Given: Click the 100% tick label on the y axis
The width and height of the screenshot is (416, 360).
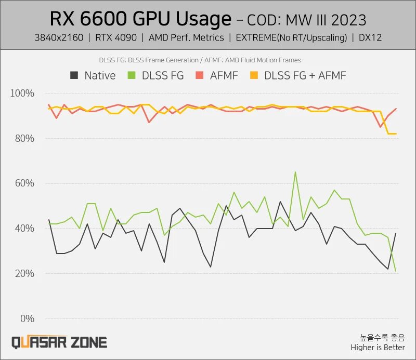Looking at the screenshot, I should click(x=22, y=94).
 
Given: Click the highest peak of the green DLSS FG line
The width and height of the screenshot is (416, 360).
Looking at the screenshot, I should click(x=295, y=172).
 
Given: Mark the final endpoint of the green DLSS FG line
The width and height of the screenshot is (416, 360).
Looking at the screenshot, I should click(x=396, y=271).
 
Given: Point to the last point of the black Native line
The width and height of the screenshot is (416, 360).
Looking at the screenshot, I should click(x=396, y=233).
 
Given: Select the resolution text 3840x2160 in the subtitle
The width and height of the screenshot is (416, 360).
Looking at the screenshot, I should click(x=58, y=37).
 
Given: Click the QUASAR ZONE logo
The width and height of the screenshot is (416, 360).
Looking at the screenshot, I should click(x=59, y=342).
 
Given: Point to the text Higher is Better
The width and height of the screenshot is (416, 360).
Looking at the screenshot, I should click(x=378, y=347).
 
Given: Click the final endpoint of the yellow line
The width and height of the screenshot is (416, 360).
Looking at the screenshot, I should click(x=396, y=134).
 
